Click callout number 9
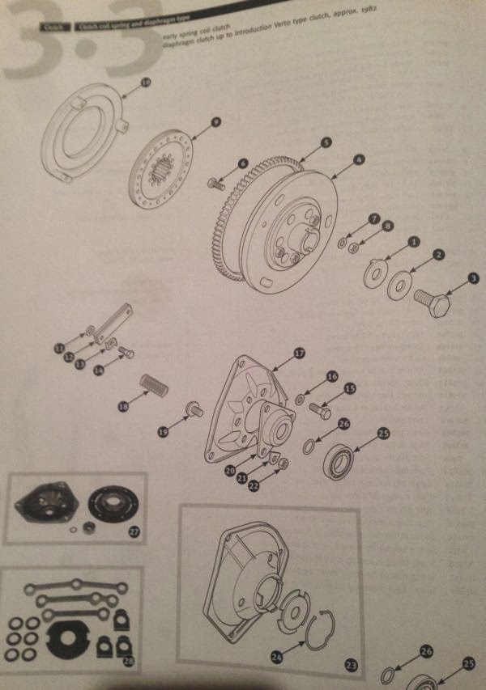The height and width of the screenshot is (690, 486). pos(215,121)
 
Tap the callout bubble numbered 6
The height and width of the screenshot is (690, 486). pos(242,163)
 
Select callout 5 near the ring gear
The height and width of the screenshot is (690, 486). pos(325,142)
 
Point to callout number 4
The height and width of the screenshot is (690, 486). pos(359,160)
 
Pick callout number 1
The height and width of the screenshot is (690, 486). pos(413,241)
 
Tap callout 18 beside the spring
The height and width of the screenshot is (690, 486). pos(124,408)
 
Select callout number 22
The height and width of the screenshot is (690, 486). pos(253,485)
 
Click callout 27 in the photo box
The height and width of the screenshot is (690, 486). pos(134,531)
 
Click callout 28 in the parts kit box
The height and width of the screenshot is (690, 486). pos(128,662)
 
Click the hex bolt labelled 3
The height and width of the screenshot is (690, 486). pos(431,306)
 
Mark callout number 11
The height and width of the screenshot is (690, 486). pos(59,349)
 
